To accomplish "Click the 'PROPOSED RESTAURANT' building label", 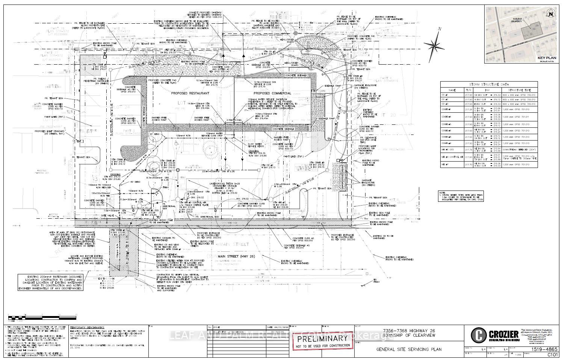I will click(x=190, y=93).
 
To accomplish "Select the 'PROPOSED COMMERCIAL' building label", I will click(x=272, y=93).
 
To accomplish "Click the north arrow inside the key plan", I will click(x=551, y=14).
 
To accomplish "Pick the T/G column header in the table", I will click(x=468, y=90).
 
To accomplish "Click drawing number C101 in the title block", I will click(x=552, y=354).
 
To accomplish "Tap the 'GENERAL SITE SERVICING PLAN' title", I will click(x=409, y=349).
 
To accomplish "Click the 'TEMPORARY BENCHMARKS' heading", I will click(x=87, y=328).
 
